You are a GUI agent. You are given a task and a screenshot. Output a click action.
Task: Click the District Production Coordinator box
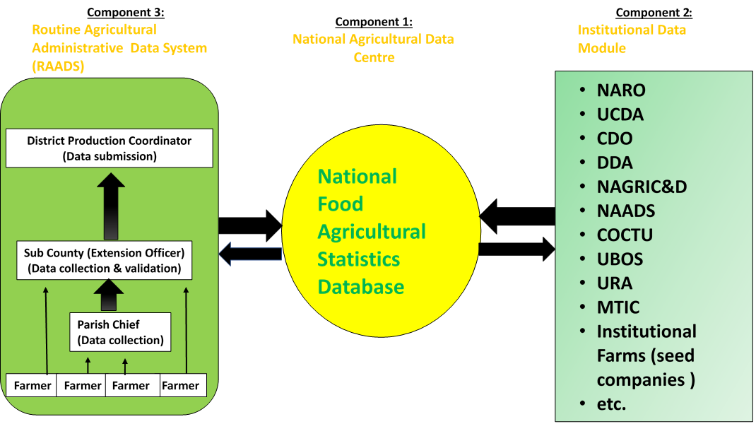click(x=109, y=148)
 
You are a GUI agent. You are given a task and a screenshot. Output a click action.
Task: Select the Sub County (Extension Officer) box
click(x=104, y=260)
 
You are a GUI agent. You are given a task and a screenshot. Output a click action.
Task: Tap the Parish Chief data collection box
click(x=120, y=332)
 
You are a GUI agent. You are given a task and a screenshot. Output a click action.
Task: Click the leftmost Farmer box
click(x=33, y=385)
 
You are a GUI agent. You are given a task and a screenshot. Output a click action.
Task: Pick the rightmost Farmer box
click(x=180, y=385)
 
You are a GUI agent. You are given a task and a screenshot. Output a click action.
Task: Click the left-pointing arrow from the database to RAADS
click(x=251, y=253)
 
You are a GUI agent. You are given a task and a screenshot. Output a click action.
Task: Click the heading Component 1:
click(x=374, y=22)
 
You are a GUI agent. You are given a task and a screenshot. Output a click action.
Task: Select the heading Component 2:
click(x=654, y=13)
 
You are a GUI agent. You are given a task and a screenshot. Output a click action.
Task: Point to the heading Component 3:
click(x=125, y=13)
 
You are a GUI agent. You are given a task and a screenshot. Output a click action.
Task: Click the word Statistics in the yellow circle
click(x=358, y=259)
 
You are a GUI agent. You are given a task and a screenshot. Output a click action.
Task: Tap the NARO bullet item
click(x=620, y=90)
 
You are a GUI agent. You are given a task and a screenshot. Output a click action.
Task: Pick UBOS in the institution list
click(x=620, y=259)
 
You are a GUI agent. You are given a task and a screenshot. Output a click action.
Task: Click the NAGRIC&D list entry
click(x=642, y=187)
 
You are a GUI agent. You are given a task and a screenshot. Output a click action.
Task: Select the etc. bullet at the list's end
click(x=611, y=404)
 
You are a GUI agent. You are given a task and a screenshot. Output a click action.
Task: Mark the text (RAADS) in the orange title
click(x=59, y=66)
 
